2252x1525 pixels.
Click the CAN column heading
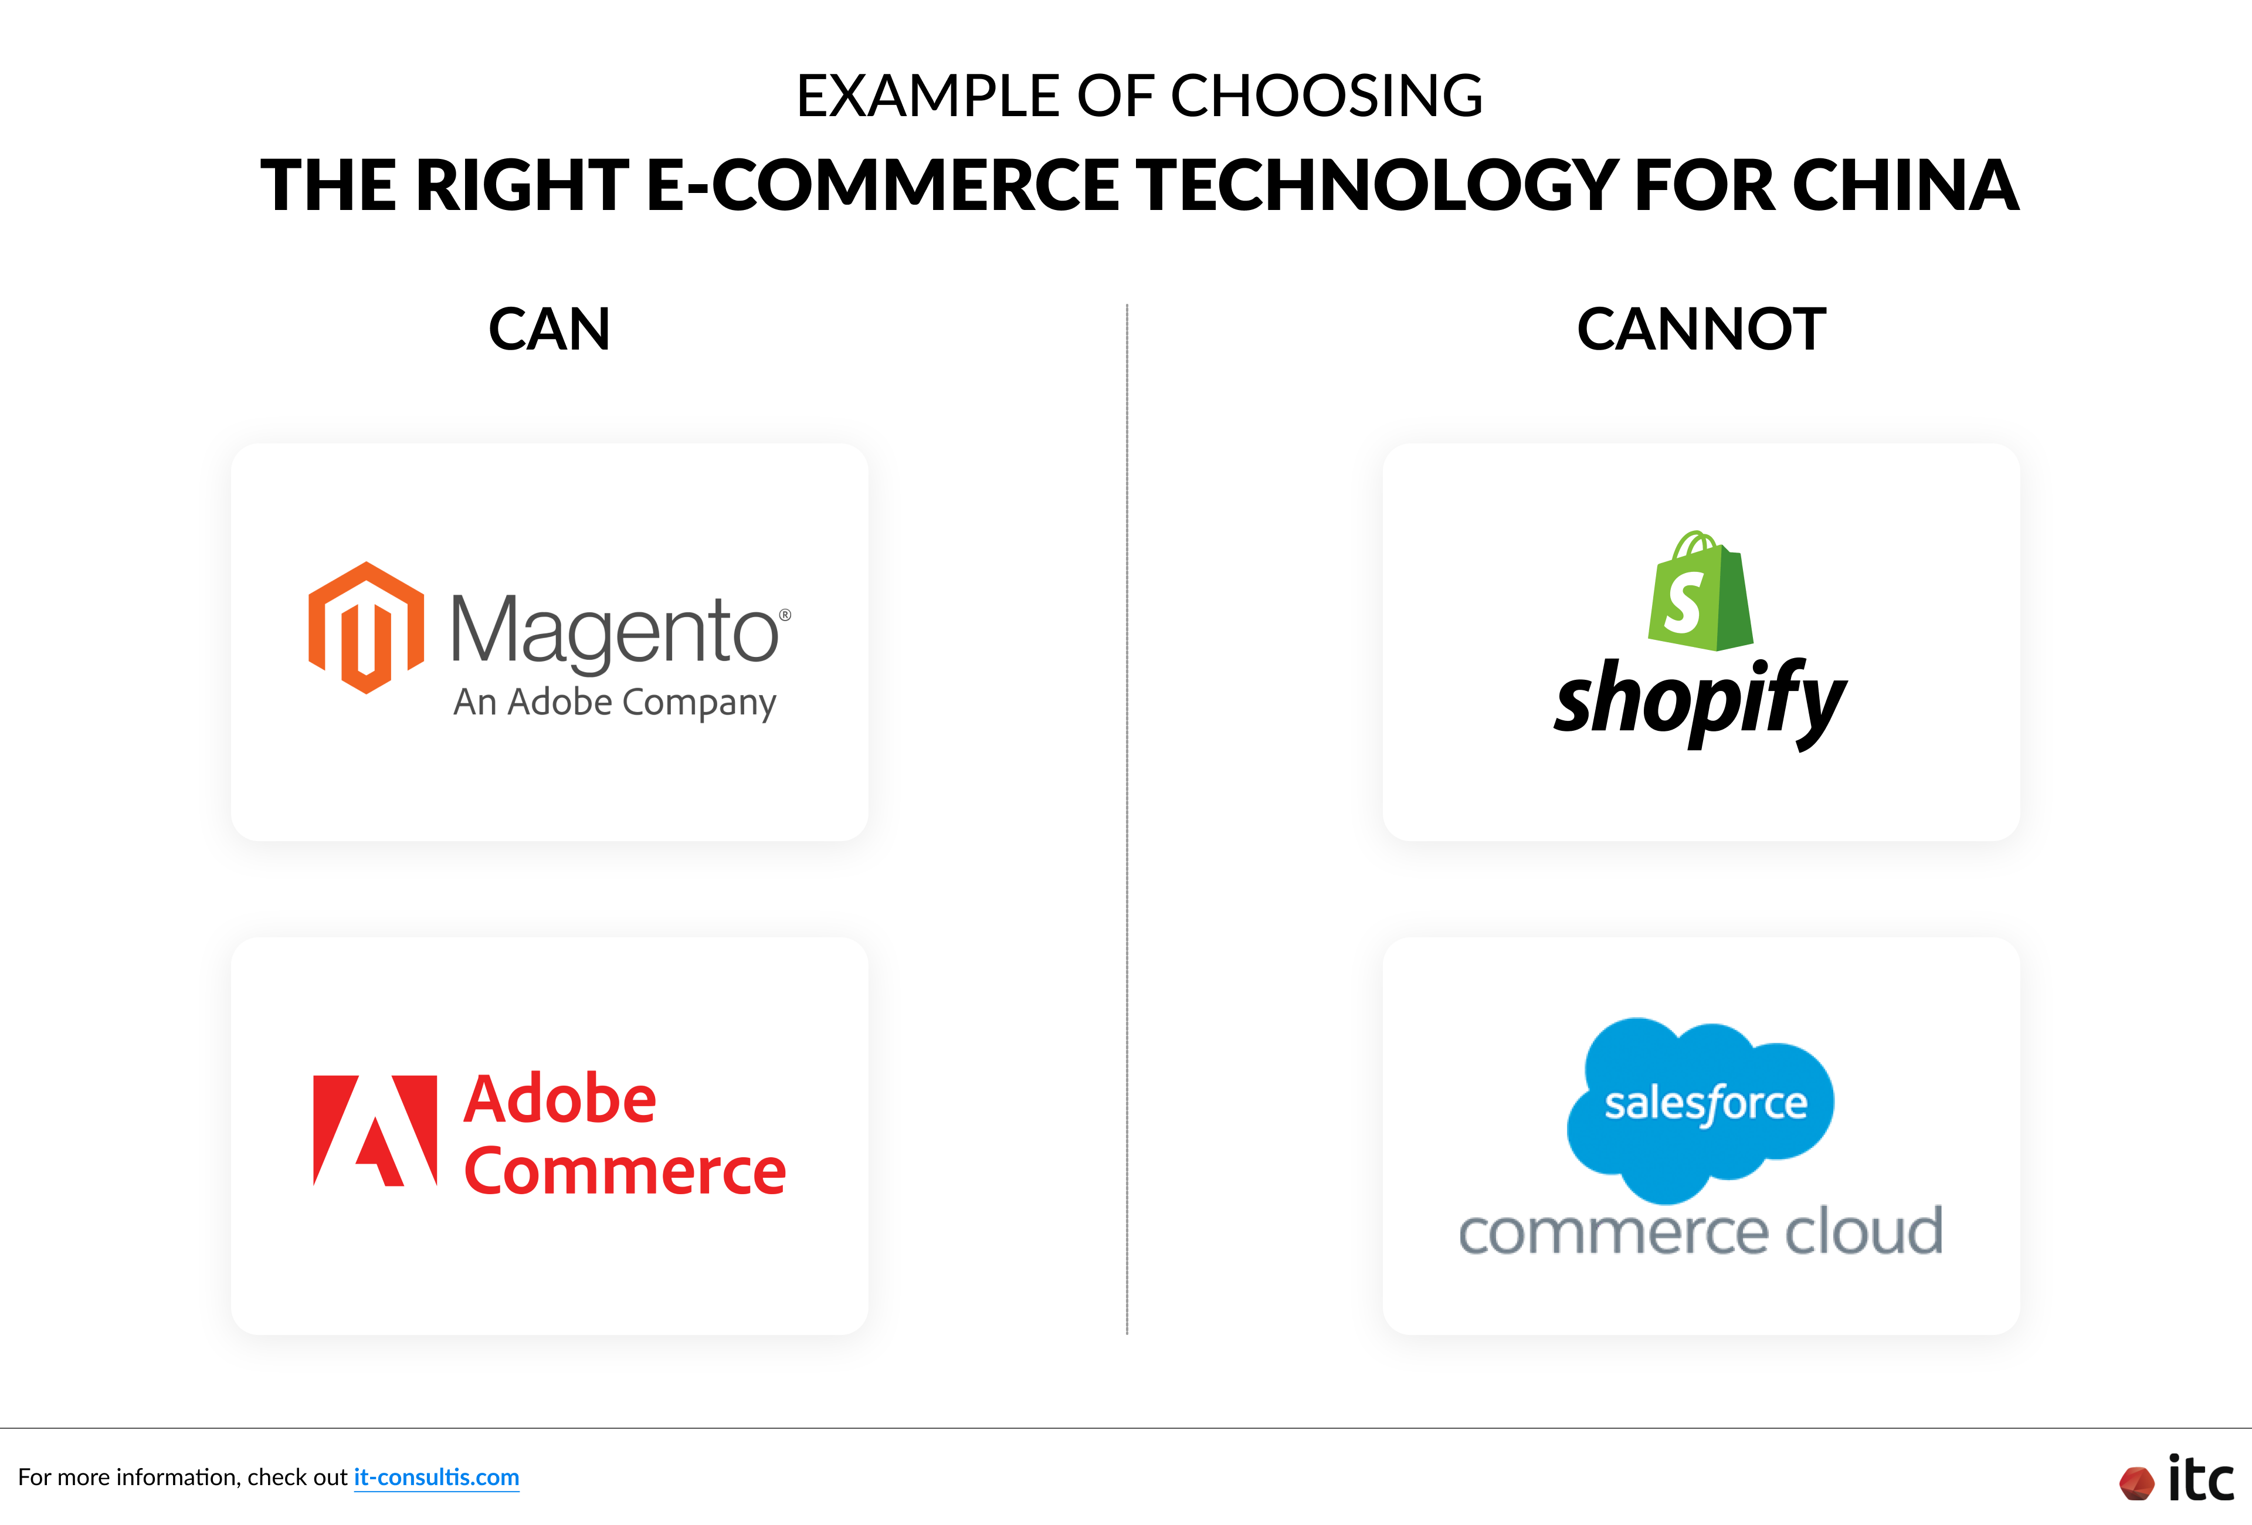click(550, 330)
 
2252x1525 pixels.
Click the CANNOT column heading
click(1701, 330)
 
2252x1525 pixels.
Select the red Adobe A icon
click(375, 1130)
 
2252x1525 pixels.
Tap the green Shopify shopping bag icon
click(1701, 591)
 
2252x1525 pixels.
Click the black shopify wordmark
click(1701, 700)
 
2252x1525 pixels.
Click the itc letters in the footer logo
click(2200, 1479)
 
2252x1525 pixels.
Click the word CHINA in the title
click(1905, 185)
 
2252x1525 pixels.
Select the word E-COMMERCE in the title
click(882, 185)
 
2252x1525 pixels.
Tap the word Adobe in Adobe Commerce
click(560, 1100)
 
